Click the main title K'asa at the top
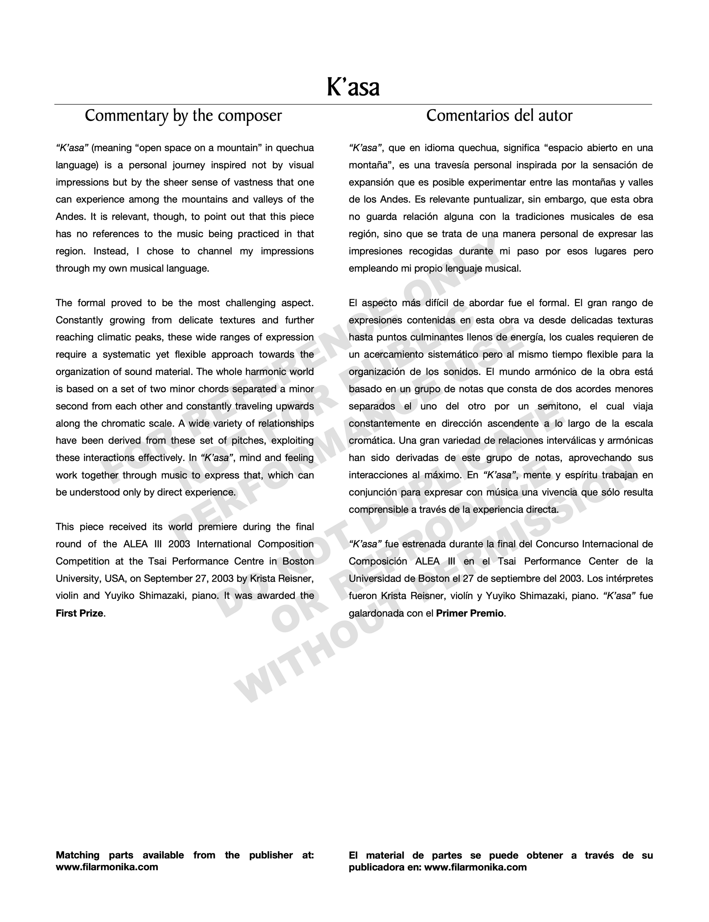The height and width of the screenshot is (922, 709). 353,87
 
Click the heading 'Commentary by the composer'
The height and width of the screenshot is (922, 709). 183,116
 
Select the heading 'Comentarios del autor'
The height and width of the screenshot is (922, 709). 499,116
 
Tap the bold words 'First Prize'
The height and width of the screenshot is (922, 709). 80,613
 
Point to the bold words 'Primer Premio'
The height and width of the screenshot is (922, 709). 470,613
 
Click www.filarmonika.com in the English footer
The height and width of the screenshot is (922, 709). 107,867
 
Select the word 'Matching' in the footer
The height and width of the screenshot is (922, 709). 78,855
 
